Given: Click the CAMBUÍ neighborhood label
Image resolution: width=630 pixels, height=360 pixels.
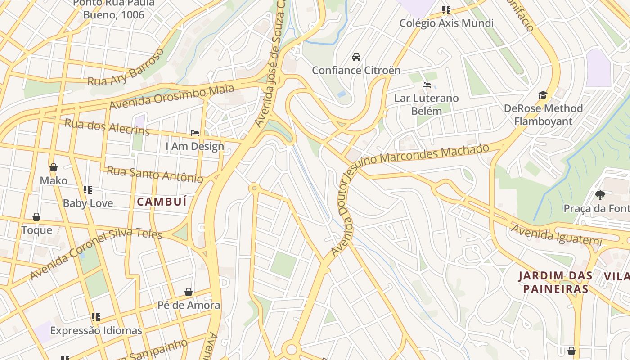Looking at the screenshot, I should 162,202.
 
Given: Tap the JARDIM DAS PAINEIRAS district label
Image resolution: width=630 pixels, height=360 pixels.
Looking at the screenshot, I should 553,282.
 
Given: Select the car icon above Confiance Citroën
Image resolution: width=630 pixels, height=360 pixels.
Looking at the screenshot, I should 356,57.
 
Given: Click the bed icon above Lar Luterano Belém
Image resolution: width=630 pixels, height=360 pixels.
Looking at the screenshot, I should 427,85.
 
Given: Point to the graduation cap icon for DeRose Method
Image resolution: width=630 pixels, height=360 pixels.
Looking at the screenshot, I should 543,95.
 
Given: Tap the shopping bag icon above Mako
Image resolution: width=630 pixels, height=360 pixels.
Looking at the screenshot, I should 54,168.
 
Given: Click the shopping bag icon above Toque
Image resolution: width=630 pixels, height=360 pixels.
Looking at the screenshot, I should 36,217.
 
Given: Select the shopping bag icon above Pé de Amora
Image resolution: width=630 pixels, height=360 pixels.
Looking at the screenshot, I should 189,292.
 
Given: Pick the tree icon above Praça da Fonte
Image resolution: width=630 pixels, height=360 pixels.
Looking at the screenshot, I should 600,195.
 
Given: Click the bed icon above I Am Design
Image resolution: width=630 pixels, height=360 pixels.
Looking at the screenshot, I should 195,133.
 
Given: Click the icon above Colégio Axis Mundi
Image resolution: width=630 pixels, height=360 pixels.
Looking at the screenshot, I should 446,10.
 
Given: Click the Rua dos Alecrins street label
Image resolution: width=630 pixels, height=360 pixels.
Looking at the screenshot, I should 107,126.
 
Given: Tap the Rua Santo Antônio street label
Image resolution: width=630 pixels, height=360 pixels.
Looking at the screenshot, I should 155,174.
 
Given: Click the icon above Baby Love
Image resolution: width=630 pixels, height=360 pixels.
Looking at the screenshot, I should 88,190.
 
